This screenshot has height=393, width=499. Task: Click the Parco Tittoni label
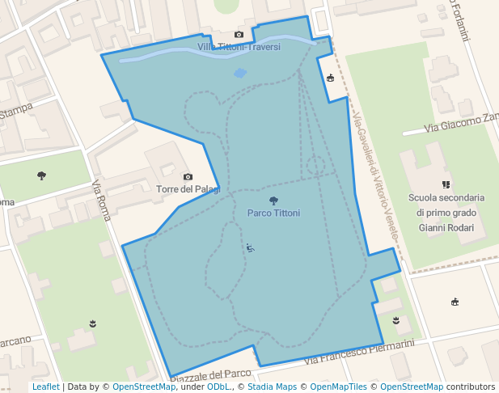click(x=273, y=213)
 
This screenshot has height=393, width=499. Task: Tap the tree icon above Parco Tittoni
click(x=273, y=201)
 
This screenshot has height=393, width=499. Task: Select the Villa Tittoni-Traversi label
click(x=239, y=47)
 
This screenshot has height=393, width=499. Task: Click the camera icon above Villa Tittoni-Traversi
click(x=239, y=35)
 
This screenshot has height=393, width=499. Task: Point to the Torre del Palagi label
click(x=187, y=189)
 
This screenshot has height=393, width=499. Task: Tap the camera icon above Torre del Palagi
click(x=188, y=176)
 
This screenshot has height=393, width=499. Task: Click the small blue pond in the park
click(x=240, y=73)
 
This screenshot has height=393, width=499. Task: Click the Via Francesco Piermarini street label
click(x=359, y=353)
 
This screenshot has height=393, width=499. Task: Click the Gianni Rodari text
click(x=446, y=227)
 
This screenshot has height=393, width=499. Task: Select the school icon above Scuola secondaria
click(x=446, y=184)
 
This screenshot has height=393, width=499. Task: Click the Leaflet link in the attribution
click(x=45, y=387)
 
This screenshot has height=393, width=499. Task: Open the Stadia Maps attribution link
click(x=275, y=387)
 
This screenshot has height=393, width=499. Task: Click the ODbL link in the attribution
click(x=218, y=387)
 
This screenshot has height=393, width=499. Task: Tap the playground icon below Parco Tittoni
click(x=251, y=248)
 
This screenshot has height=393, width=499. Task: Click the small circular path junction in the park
click(x=315, y=166)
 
